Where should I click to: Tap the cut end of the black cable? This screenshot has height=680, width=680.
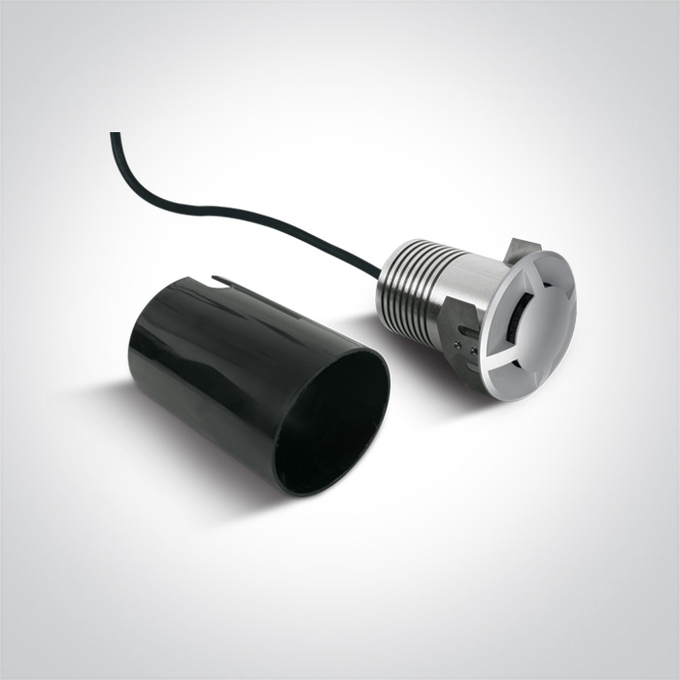[x=115, y=135]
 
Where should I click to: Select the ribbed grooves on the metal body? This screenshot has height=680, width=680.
[x=408, y=282]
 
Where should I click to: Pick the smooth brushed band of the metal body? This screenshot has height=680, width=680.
[x=462, y=291]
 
